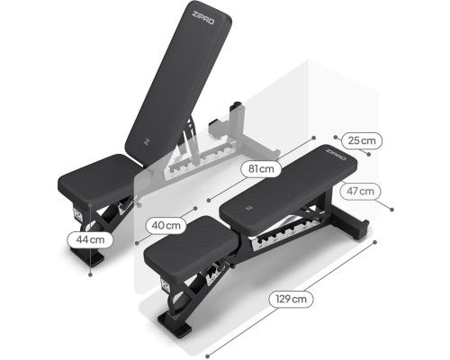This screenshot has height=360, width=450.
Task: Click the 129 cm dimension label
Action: [291, 299]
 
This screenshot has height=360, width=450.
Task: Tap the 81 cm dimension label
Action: [261, 169]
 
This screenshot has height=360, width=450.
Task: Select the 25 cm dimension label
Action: [362, 140]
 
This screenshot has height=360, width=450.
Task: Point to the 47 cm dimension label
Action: [360, 191]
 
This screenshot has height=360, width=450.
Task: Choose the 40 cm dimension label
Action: [166, 225]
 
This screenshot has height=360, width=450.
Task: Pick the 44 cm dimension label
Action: [90, 239]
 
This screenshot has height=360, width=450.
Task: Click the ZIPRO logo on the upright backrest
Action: [203, 17]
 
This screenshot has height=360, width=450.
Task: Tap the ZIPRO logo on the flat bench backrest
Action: [336, 155]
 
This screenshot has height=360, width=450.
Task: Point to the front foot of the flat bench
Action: [175, 324]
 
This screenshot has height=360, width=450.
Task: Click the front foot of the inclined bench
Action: [87, 256]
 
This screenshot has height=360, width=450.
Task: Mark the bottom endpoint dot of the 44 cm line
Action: [90, 274]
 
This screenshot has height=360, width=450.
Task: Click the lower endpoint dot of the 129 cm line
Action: [207, 356]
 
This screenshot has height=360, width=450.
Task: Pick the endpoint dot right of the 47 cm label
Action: [391, 210]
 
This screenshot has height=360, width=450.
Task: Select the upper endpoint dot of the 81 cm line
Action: [314, 138]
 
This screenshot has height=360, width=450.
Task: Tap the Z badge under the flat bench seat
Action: [166, 286]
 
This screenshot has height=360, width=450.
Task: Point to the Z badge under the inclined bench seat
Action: [78, 215]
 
